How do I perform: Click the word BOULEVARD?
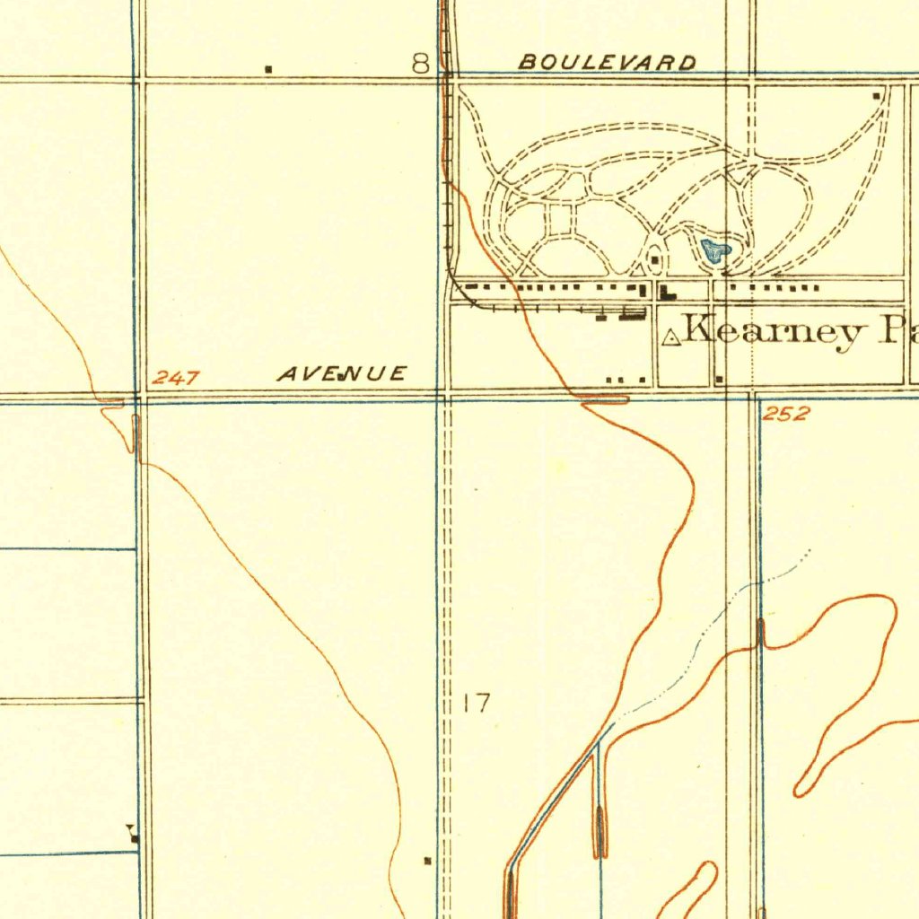pos(608,63)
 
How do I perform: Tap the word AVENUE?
pos(341,374)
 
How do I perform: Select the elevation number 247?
pos(175,379)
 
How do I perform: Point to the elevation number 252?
pos(786,414)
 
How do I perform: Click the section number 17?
pos(477,703)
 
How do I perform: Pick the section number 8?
pos(420,63)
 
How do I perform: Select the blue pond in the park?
pos(715,250)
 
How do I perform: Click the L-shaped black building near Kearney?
pos(668,292)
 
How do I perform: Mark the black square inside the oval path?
pos(657,260)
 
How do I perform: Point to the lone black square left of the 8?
pos(268,68)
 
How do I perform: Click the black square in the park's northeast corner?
pos(877,94)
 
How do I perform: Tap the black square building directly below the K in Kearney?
pos(720,378)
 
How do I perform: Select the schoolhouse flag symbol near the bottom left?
pos(133,835)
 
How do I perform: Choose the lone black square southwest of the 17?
pos(427,862)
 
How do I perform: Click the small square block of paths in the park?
pos(561,221)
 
